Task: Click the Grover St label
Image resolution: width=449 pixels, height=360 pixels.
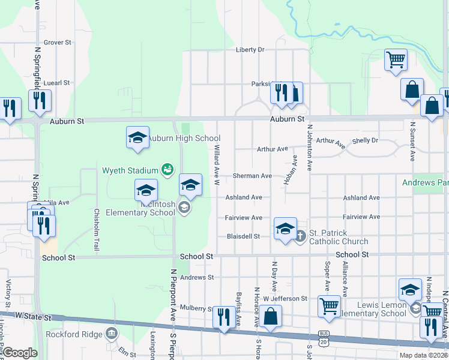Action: [58, 43]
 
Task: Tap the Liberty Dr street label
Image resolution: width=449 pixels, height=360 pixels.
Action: [250, 50]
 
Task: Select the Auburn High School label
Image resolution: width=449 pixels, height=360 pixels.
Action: [184, 139]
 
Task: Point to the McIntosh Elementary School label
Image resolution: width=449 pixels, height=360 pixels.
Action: [140, 208]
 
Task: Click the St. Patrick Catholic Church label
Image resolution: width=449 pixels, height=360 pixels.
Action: [339, 237]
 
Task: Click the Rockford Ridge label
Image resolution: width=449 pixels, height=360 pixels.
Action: [68, 334]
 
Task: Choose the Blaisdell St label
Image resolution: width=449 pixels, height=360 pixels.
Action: [243, 236]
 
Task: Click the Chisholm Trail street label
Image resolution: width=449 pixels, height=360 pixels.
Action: [96, 229]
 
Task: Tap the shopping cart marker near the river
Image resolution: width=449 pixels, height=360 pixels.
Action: [396, 59]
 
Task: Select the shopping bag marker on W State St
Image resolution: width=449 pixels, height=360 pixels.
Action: [271, 316]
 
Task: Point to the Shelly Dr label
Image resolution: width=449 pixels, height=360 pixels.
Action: [366, 140]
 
